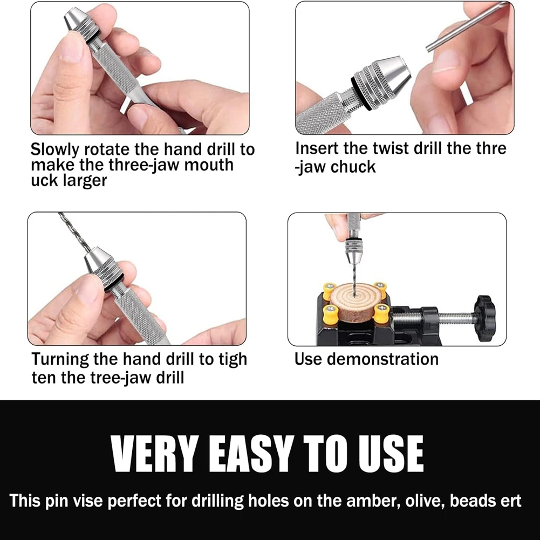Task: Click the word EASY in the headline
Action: (x=249, y=454)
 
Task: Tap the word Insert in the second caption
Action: (x=317, y=148)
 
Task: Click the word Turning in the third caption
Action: (x=60, y=359)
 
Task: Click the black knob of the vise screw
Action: (x=484, y=318)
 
